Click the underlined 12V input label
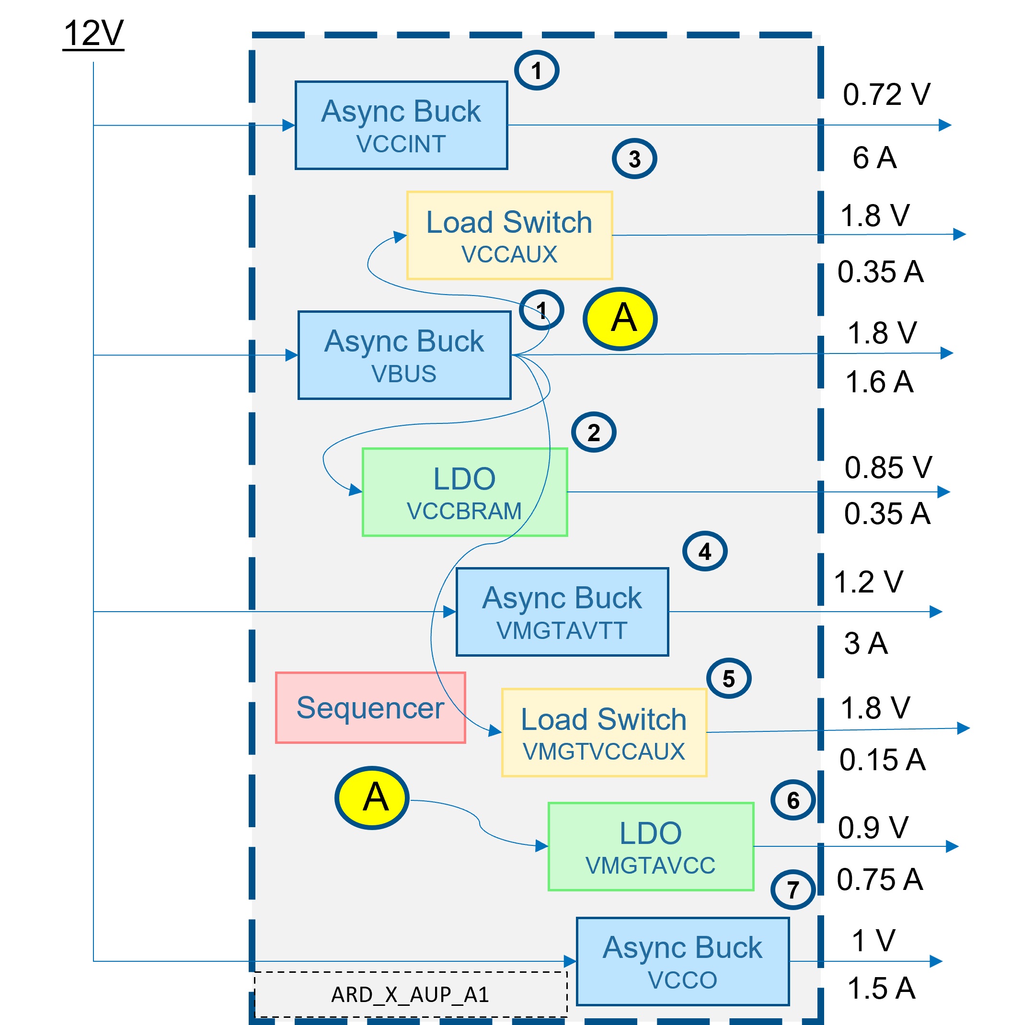tap(93, 34)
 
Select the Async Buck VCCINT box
tap(401, 125)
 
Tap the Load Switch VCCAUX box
tap(509, 235)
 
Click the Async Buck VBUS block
tap(404, 355)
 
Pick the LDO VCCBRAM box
tap(464, 492)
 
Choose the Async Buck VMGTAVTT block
tap(562, 612)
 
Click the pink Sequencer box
tap(370, 707)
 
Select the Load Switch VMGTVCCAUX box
tap(603, 732)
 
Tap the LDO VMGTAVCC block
tap(651, 846)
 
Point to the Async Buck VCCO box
tap(682, 961)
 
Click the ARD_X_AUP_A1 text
tap(410, 995)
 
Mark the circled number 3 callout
tap(634, 159)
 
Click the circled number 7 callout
tap(793, 890)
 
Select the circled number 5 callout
tap(729, 678)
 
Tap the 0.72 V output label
tap(886, 94)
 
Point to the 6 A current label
tap(874, 158)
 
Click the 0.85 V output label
tap(888, 467)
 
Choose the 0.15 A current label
tap(882, 759)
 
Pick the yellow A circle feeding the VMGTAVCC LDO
tap(372, 797)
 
